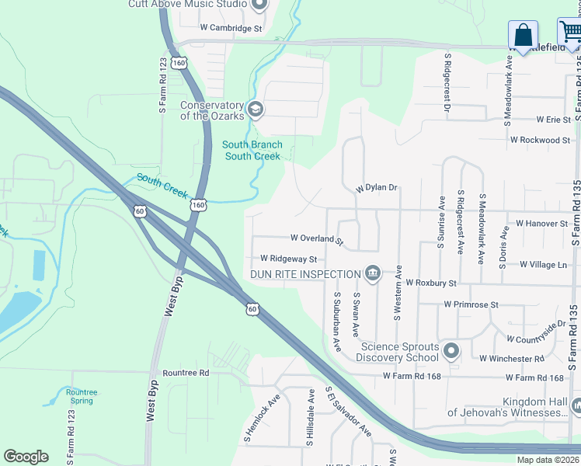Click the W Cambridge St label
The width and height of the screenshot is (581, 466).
pos(231,28)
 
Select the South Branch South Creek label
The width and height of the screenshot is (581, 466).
pos(252,151)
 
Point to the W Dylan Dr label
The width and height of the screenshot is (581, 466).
pos(377,188)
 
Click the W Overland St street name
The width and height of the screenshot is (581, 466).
pos(317,238)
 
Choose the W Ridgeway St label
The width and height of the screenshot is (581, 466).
pos(288,259)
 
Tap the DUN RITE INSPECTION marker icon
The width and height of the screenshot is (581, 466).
pos(372,273)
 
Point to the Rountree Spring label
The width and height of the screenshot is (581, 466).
pos(82,397)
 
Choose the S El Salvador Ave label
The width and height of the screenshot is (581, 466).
pos(348,412)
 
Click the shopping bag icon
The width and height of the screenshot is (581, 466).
pos(523,35)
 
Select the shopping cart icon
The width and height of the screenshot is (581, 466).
pos(571,33)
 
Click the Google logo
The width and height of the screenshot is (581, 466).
pos(26,457)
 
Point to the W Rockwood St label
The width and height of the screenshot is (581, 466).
pos(540,140)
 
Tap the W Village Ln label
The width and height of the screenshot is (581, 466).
pos(543,265)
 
